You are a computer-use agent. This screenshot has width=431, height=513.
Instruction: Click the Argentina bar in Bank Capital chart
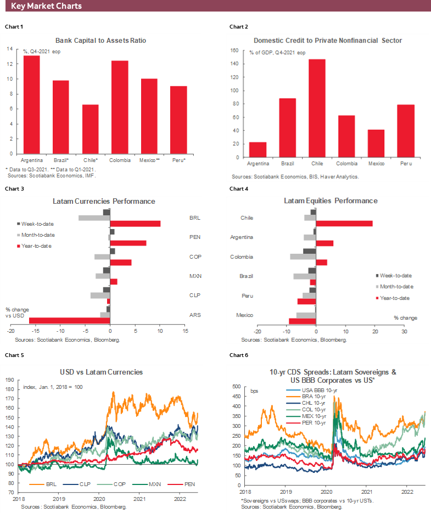31,104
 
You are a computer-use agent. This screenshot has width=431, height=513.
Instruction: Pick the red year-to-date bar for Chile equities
344,224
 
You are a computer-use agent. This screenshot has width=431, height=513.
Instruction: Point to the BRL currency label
194,218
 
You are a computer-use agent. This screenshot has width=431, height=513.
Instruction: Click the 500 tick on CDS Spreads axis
237,387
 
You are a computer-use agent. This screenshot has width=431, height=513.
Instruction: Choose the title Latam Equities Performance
331,201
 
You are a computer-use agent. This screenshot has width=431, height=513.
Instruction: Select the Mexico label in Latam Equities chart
244,315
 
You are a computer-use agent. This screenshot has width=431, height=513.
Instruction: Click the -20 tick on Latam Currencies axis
11,331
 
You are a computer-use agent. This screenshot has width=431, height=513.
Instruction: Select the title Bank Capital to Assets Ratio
101,41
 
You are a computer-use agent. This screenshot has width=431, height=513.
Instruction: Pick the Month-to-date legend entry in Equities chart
394,286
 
